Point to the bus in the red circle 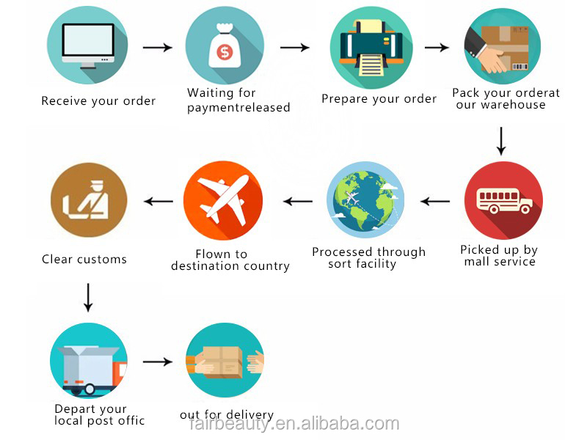coord(503,200)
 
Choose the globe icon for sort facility coord(365,200)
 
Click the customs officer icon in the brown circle coord(88,199)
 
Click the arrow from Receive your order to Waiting coord(157,48)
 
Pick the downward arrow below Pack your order coord(501,141)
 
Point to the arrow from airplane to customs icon coord(158,201)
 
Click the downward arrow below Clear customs coord(88,296)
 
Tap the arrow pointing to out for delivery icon coord(157,362)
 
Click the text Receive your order coord(98,101)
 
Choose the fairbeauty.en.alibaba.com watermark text coord(294,424)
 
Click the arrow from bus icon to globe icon coord(435,201)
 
